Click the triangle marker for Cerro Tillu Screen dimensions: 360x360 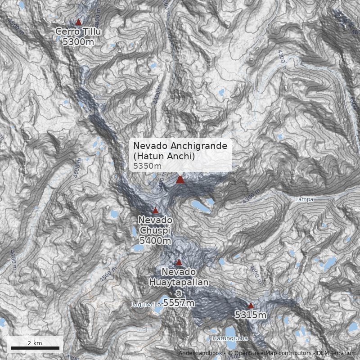78,22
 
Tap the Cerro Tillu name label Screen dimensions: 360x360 78,31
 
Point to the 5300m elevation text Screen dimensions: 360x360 78,42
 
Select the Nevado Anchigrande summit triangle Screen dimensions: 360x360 180,180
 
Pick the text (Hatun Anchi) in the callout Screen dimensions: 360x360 164,156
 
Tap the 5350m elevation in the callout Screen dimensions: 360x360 147,166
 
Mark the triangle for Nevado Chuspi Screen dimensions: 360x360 156,210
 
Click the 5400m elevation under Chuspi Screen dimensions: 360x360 155,241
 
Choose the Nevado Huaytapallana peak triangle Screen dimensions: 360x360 179,262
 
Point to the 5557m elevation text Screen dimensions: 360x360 179,303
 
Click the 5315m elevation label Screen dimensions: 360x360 251,315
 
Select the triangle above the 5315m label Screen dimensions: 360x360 251,306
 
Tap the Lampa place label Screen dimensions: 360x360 304,199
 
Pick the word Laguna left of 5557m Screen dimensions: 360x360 141,305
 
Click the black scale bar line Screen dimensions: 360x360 35,348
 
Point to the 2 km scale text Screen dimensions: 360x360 35,343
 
